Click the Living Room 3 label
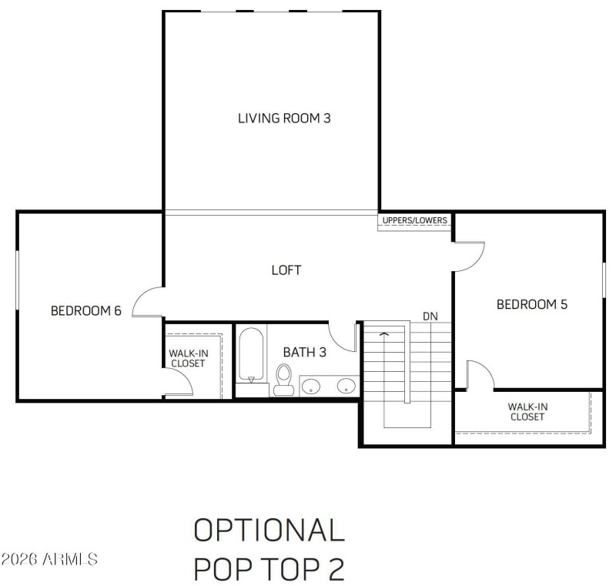pos(284,119)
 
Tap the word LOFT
pos(286,270)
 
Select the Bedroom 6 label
pos(86,311)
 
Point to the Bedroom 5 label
pos(531,304)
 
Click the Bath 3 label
pos(305,352)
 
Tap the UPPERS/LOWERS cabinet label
pos(414,220)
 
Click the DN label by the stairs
pos(430,316)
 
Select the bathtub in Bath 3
pos(251,355)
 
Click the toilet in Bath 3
pos(283,379)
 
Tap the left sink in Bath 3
pos(312,385)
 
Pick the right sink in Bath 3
pos(346,385)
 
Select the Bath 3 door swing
pos(343,336)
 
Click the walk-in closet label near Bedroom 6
pos(188,358)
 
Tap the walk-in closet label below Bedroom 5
pos(527,411)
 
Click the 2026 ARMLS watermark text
pos(49,558)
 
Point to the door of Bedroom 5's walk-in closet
pos(480,375)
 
